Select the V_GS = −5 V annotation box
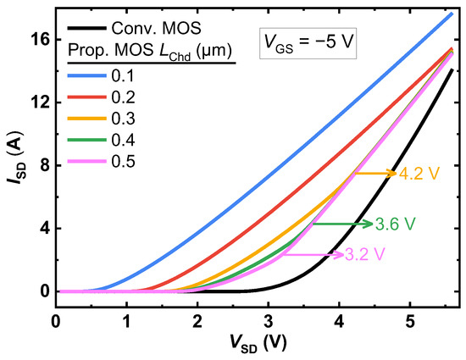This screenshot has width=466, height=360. pyautogui.click(x=308, y=39)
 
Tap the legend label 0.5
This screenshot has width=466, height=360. pyautogui.click(x=125, y=161)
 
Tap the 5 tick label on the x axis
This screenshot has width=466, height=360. pyautogui.click(x=410, y=322)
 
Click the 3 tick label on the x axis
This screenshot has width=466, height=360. pyautogui.click(x=269, y=322)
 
